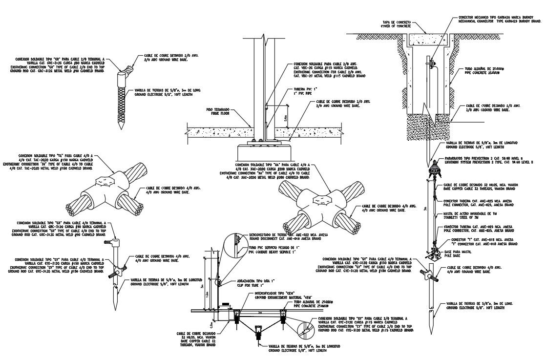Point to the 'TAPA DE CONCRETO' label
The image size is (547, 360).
[396, 24]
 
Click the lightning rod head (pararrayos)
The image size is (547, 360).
[431, 172]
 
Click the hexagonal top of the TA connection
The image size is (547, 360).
[105, 181]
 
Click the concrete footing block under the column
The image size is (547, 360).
[263, 152]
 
